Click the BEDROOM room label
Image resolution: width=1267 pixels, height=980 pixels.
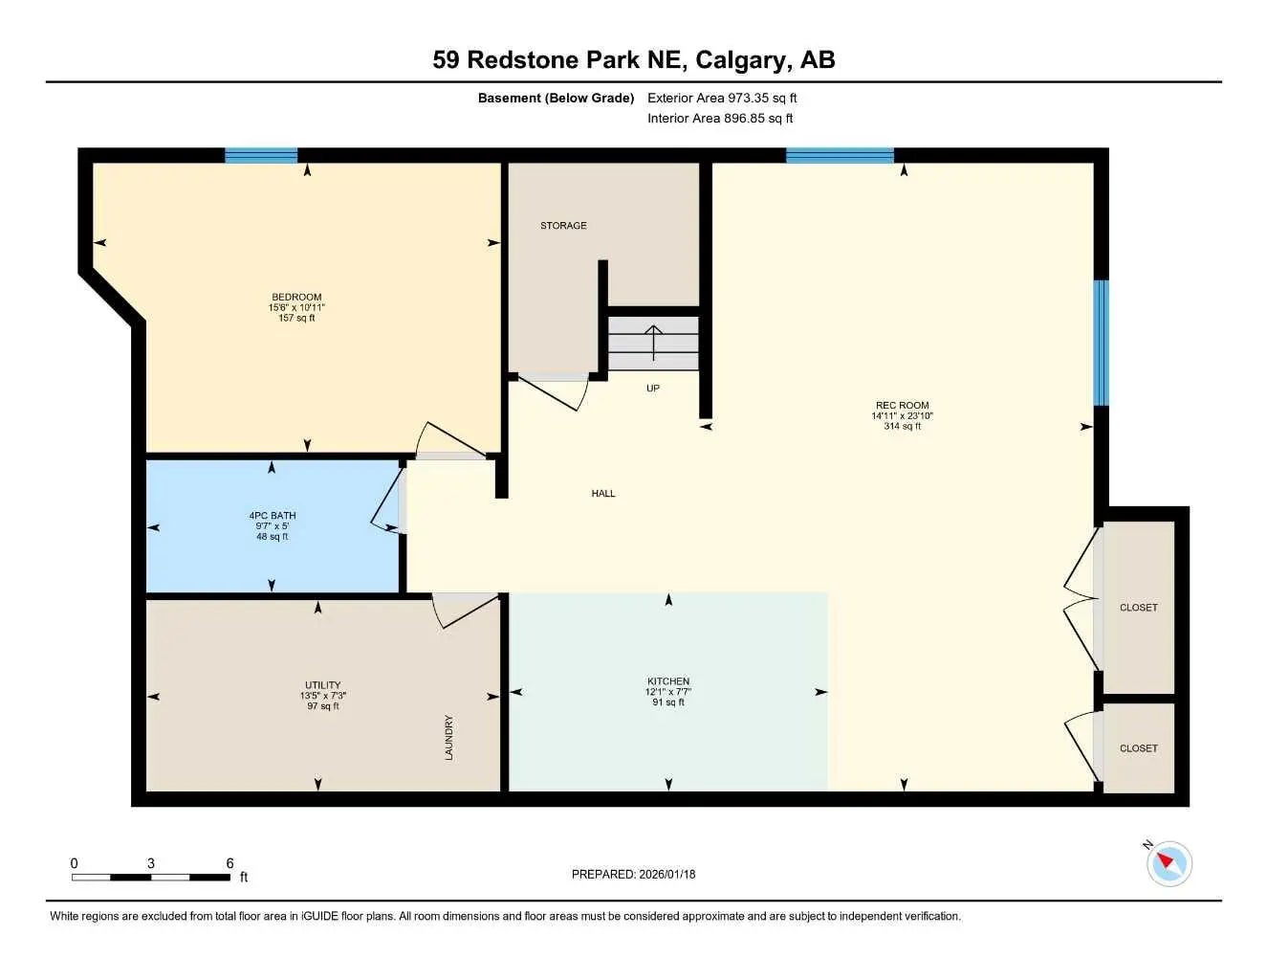pyautogui.click(x=296, y=297)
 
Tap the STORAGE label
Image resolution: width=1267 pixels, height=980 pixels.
pyautogui.click(x=563, y=226)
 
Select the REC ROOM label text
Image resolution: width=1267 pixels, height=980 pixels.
pyautogui.click(x=901, y=406)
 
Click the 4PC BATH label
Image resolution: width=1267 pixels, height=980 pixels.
pyautogui.click(x=273, y=516)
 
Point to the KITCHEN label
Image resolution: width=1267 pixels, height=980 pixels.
pyautogui.click(x=667, y=681)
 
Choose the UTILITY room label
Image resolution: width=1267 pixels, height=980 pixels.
pyautogui.click(x=323, y=685)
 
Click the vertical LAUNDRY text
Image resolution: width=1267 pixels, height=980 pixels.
pyautogui.click(x=448, y=738)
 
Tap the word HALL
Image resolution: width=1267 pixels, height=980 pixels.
pyautogui.click(x=603, y=494)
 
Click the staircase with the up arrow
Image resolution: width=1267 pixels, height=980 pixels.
pyautogui.click(x=654, y=344)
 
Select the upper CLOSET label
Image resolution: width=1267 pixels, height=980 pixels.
pyautogui.click(x=1138, y=608)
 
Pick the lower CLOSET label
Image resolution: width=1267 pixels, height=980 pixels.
pyautogui.click(x=1138, y=748)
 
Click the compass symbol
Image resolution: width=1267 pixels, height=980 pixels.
pyautogui.click(x=1169, y=863)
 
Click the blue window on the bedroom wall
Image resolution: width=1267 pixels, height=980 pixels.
pyautogui.click(x=261, y=155)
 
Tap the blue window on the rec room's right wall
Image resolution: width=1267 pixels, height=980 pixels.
pyautogui.click(x=1102, y=342)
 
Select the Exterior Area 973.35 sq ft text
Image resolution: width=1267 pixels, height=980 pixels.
pyautogui.click(x=722, y=98)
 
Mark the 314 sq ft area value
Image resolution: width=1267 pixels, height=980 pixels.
pyautogui.click(x=902, y=427)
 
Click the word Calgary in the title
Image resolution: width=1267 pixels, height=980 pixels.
pyautogui.click(x=743, y=59)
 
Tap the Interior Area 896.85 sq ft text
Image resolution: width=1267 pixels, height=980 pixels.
pyautogui.click(x=720, y=119)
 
